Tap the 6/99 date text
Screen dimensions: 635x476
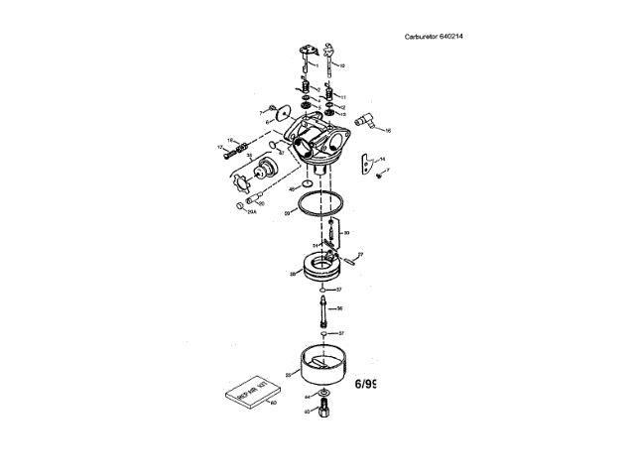tap(364, 382)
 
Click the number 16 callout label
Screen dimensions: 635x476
tap(388, 130)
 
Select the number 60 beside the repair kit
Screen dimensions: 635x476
tap(273, 404)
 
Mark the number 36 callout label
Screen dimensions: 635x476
tap(339, 308)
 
